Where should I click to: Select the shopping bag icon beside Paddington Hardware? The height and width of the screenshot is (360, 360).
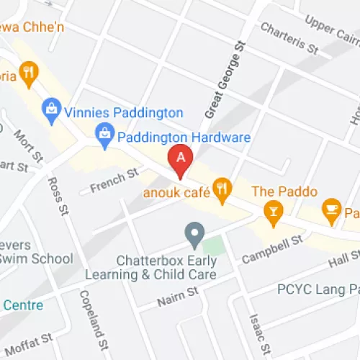(x=104, y=135)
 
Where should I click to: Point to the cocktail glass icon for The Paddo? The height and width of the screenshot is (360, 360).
(x=273, y=210)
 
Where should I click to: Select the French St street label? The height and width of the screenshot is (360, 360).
(x=113, y=180)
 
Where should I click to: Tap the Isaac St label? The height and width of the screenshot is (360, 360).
(x=256, y=328)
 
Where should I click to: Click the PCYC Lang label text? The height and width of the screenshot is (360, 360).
(x=317, y=289)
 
